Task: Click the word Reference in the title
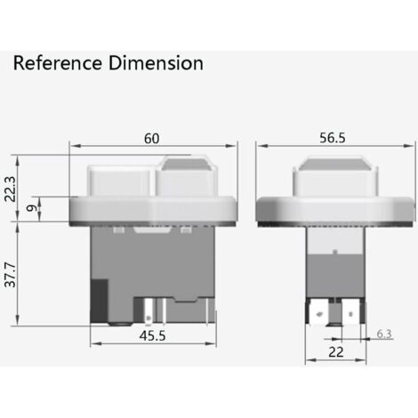click(x=55, y=63)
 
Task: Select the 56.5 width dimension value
click(x=334, y=139)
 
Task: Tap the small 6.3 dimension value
click(x=383, y=334)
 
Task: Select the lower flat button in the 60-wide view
click(x=120, y=182)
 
